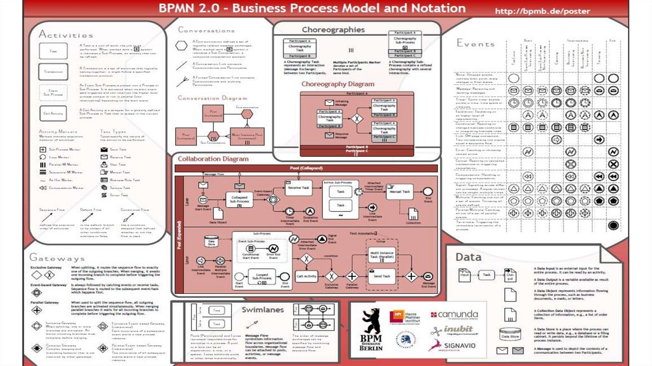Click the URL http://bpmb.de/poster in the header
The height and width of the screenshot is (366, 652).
click(542, 11)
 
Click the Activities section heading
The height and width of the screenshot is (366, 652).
click(66, 34)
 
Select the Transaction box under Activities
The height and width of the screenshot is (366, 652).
click(53, 72)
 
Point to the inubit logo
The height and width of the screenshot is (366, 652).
click(454, 330)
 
